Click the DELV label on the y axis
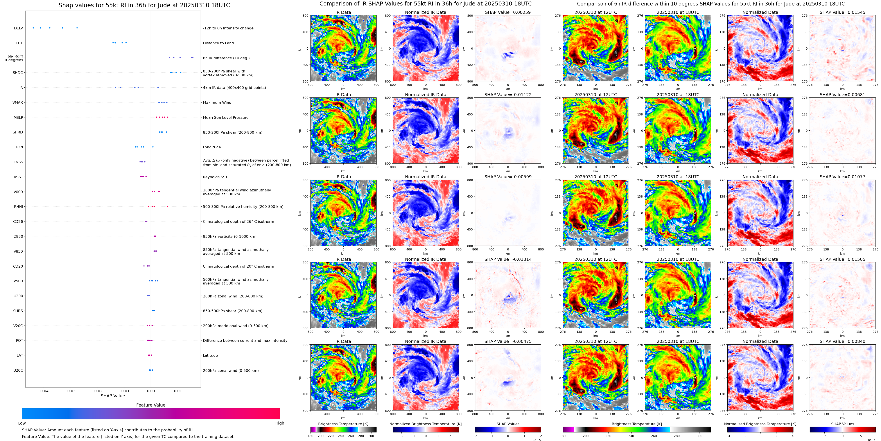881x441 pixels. pyautogui.click(x=18, y=28)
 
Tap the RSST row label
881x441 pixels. pyautogui.click(x=18, y=177)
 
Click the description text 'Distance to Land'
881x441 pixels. pyautogui.click(x=218, y=43)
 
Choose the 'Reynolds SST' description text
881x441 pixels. pyautogui.click(x=215, y=177)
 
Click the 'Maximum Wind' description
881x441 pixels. pyautogui.click(x=217, y=103)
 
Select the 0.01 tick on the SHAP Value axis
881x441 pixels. pyautogui.click(x=178, y=391)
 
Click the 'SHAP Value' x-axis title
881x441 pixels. pyautogui.click(x=113, y=396)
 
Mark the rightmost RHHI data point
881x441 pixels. pyautogui.click(x=167, y=207)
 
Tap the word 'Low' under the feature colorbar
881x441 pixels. pyautogui.click(x=22, y=423)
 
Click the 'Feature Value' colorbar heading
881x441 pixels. pyautogui.click(x=151, y=405)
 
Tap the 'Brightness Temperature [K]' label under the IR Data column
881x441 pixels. pyautogui.click(x=343, y=424)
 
